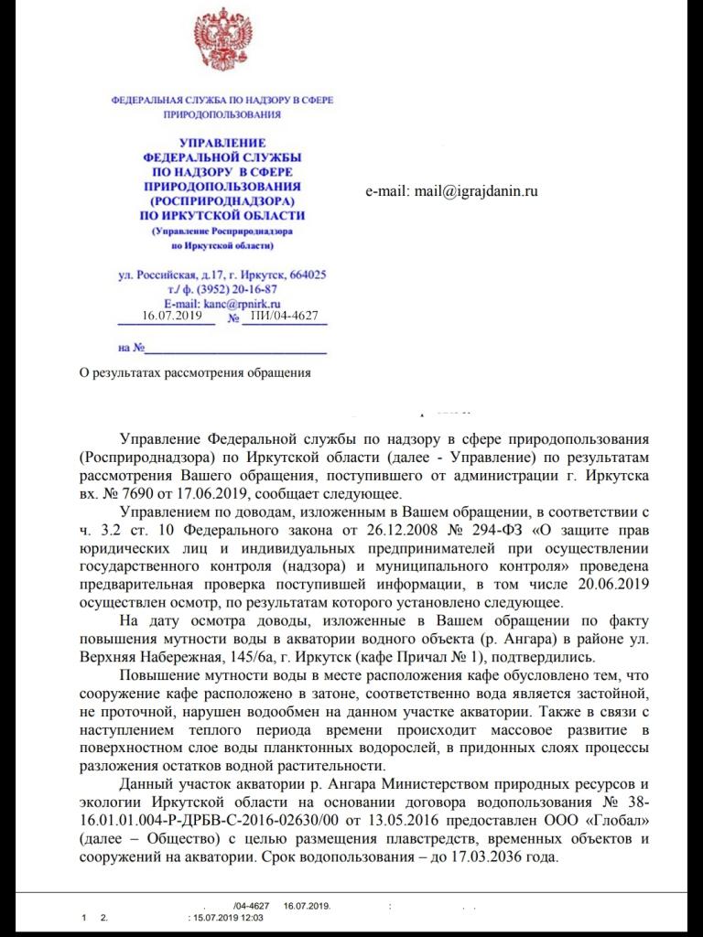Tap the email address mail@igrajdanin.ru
click(x=451, y=191)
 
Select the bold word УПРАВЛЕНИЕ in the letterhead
click(x=222, y=145)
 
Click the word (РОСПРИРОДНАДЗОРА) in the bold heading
click(x=222, y=199)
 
